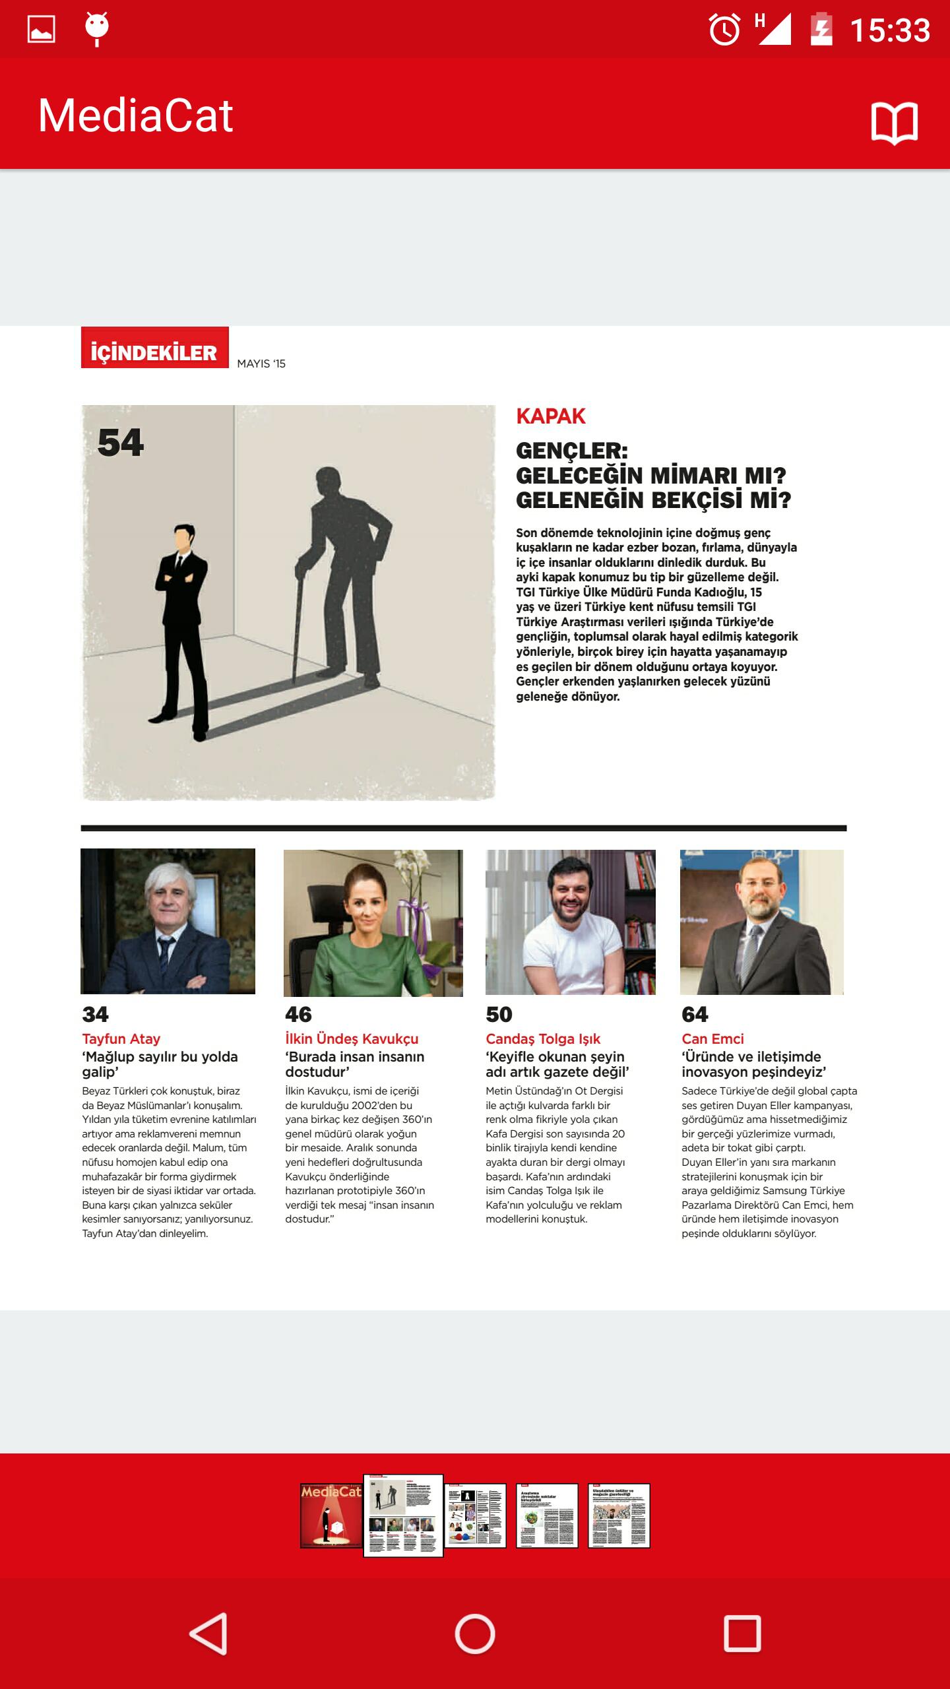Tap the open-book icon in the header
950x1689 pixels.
click(x=894, y=123)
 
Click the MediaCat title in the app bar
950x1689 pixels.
click(x=135, y=116)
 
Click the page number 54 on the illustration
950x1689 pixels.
click(x=121, y=442)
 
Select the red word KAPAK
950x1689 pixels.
click(x=550, y=416)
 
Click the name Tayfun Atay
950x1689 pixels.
click(x=121, y=1038)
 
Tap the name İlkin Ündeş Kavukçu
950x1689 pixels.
click(x=352, y=1038)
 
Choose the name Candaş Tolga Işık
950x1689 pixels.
click(x=543, y=1038)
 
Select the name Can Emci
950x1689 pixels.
click(x=712, y=1038)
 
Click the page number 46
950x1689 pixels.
click(x=298, y=1014)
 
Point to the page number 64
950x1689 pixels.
click(x=695, y=1014)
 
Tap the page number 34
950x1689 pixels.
click(x=95, y=1014)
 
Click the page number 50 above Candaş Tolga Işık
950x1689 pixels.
click(x=499, y=1014)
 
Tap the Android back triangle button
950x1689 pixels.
click(x=208, y=1634)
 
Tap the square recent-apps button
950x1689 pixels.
click(x=742, y=1634)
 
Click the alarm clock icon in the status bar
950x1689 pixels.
click(x=724, y=30)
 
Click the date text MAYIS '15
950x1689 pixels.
click(x=261, y=364)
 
